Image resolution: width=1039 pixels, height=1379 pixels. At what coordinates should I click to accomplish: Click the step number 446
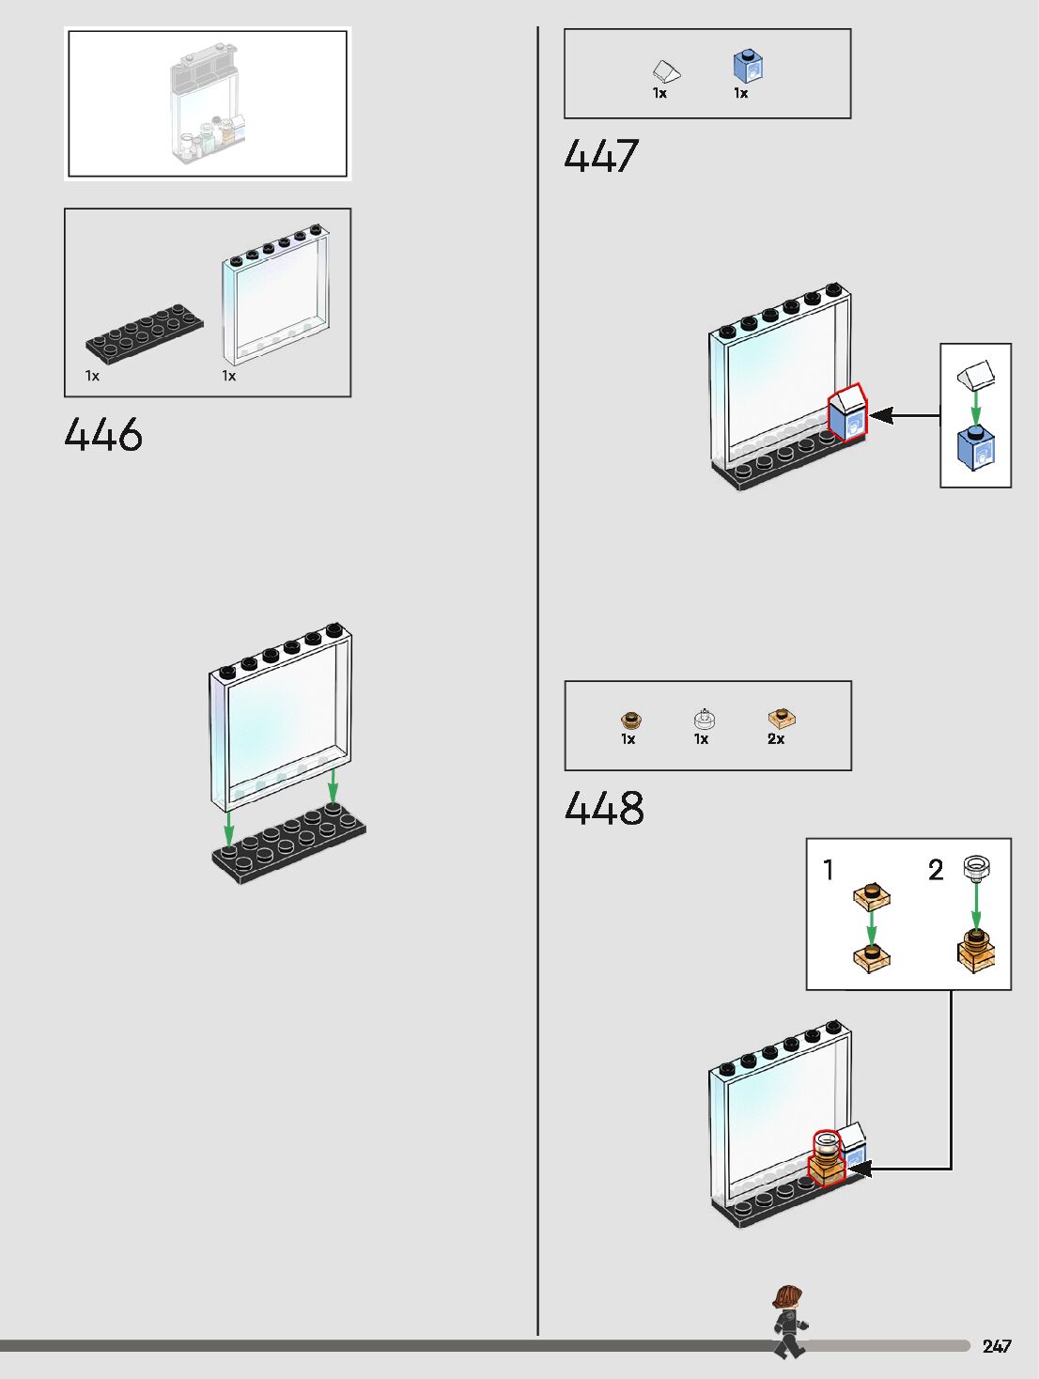tap(103, 435)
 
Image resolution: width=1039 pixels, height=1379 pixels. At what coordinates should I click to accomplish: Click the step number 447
tap(601, 156)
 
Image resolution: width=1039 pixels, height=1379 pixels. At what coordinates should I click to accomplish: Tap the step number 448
tap(604, 808)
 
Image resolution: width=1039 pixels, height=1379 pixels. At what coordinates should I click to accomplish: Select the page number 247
tap(996, 1346)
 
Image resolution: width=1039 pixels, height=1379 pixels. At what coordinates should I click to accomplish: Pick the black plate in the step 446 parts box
tap(145, 332)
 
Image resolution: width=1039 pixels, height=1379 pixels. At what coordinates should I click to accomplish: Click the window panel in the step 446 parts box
tap(276, 295)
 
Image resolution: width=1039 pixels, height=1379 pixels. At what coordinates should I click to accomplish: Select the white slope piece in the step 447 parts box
tap(666, 70)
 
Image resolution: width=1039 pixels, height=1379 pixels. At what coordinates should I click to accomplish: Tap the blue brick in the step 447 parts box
tap(748, 67)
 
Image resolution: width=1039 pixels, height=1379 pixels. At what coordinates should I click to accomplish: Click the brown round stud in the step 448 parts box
tap(630, 720)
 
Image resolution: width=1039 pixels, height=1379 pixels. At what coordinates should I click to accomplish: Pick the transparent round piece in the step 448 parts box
tap(705, 720)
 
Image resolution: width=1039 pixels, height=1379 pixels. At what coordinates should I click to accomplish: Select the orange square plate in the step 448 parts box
tap(782, 720)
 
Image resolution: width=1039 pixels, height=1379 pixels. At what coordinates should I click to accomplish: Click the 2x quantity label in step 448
tap(776, 739)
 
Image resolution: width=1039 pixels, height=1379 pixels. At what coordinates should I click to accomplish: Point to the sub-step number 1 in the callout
tap(828, 870)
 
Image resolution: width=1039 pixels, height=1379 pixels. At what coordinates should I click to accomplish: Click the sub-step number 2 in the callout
tap(936, 870)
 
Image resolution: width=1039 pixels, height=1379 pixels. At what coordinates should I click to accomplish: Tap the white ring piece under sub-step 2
tap(976, 867)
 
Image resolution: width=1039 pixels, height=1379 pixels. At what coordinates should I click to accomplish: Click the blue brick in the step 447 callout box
tap(975, 448)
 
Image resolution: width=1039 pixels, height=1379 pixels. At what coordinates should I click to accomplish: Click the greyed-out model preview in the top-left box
tap(209, 104)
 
